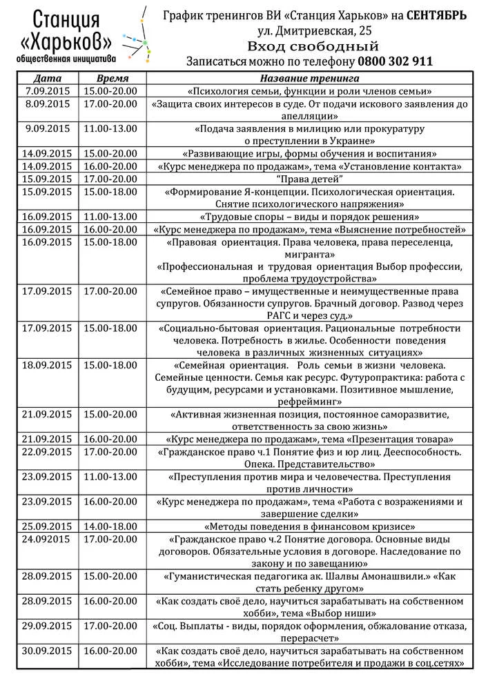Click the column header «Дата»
(48, 79)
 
